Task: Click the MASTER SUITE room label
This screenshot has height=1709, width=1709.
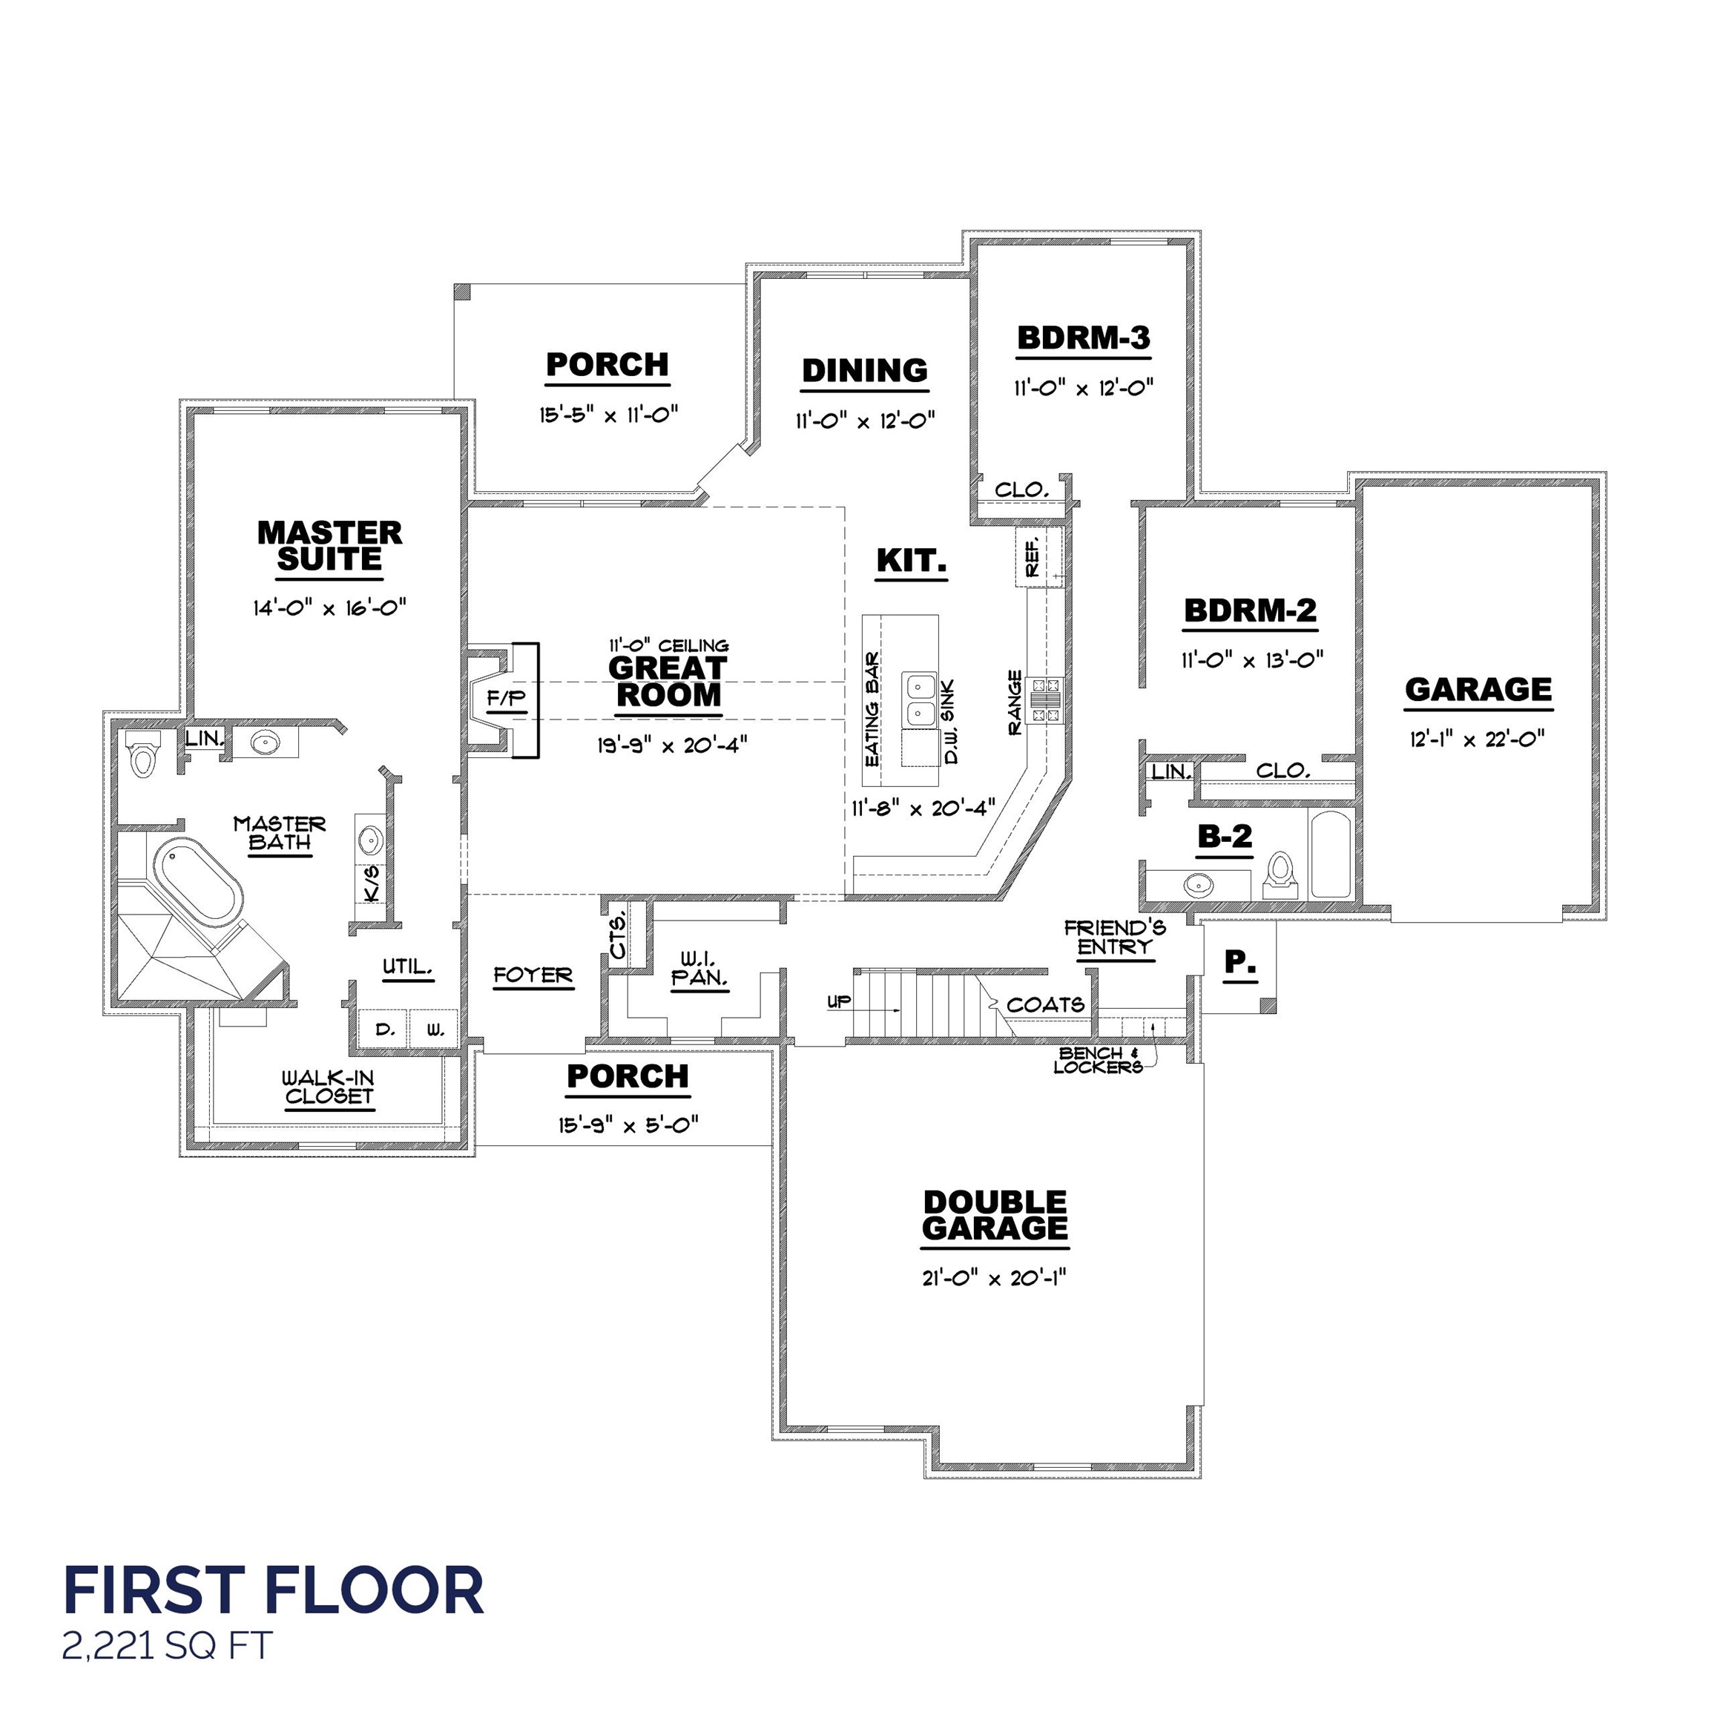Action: (329, 546)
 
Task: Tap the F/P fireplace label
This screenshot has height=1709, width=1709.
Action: (506, 699)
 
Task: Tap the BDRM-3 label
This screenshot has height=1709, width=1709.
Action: (1083, 338)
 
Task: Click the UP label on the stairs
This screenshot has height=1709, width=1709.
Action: (839, 1001)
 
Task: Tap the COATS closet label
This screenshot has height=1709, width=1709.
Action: (1044, 1005)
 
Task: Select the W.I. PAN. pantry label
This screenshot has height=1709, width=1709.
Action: (699, 969)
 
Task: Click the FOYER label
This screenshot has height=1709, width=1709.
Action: (533, 975)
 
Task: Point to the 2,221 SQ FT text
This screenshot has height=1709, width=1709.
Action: (167, 1646)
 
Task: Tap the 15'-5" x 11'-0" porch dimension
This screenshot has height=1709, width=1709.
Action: (608, 414)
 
